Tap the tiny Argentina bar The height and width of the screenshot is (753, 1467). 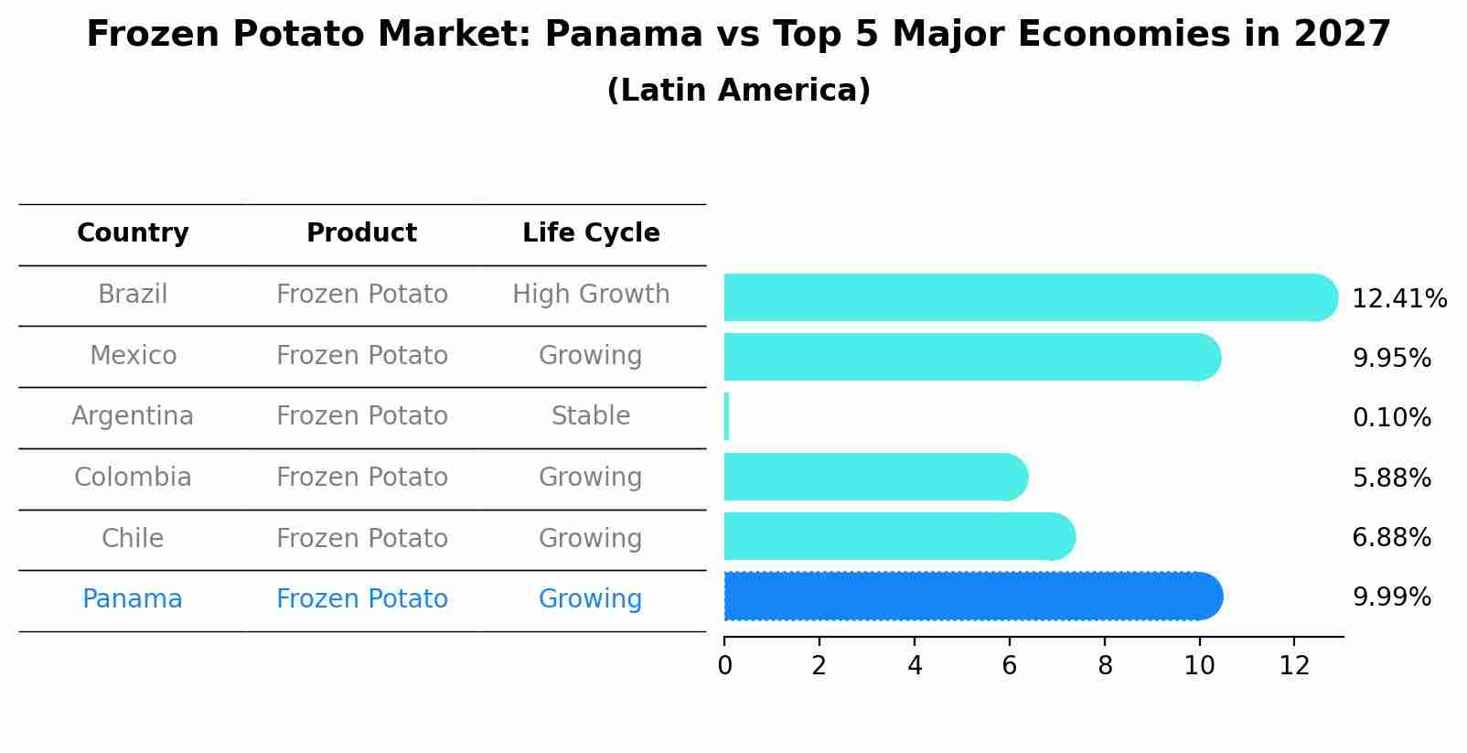point(726,416)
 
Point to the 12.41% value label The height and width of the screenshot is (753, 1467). point(1398,299)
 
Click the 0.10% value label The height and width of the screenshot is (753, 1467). point(1391,418)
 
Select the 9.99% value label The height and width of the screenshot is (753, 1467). point(1391,597)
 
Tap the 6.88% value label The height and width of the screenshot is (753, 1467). point(1391,538)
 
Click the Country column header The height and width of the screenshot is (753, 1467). point(133,233)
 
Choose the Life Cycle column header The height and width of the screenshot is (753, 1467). point(591,233)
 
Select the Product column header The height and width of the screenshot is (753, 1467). point(361,233)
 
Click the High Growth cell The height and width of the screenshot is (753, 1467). point(591,295)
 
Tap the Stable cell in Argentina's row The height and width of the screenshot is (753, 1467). point(591,416)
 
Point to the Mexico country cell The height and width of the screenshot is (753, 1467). point(133,355)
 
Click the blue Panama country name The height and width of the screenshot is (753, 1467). point(133,599)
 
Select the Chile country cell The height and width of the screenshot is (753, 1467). point(133,538)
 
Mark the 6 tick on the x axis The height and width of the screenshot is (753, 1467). point(1009,666)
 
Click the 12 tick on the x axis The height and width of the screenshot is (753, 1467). point(1294,666)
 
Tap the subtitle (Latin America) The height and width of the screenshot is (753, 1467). point(738,91)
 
